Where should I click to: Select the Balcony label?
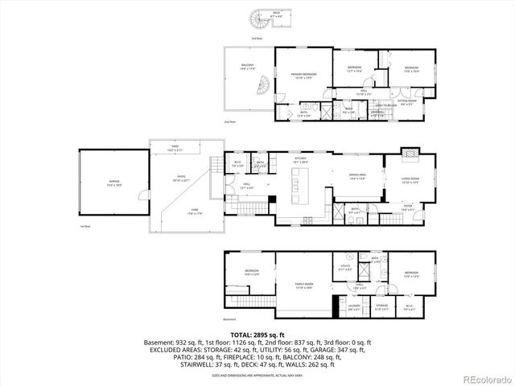click(247, 68)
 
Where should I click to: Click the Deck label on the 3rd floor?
click(276, 14)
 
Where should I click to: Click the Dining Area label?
click(358, 176)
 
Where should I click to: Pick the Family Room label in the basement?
click(303, 286)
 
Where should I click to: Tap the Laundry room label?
click(353, 306)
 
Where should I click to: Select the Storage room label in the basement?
click(381, 306)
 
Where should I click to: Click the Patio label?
click(181, 181)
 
